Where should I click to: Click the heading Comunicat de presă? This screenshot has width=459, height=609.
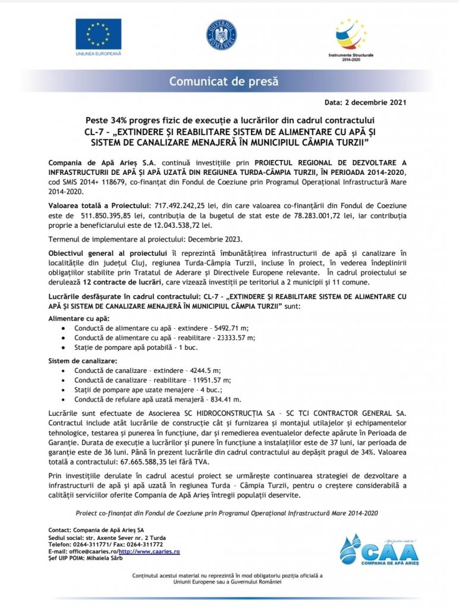(x=224, y=81)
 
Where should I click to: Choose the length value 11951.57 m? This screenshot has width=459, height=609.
(x=210, y=380)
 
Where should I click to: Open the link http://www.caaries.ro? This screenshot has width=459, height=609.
(x=149, y=552)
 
